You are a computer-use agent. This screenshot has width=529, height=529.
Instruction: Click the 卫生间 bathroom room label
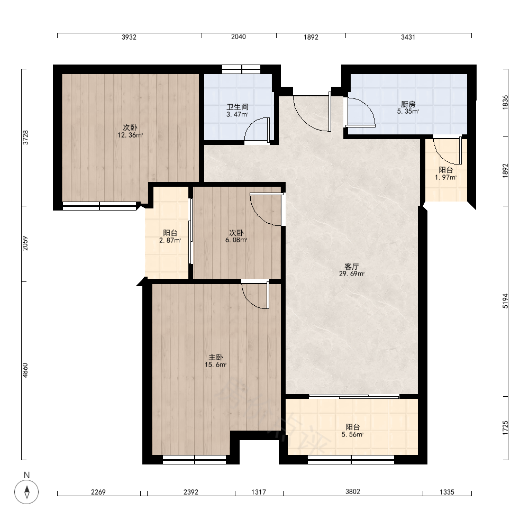pyautogui.click(x=238, y=107)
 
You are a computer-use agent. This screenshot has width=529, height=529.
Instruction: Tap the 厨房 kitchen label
pyautogui.click(x=408, y=104)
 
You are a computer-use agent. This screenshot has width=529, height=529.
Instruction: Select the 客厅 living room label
pyautogui.click(x=352, y=267)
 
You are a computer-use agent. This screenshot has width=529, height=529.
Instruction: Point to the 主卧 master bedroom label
pyautogui.click(x=216, y=357)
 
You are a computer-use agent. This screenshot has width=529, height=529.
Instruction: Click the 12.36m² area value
pyautogui.click(x=130, y=135)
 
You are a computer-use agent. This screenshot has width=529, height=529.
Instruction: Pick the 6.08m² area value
pyautogui.click(x=236, y=240)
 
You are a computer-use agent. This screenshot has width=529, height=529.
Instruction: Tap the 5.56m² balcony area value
pyautogui.click(x=352, y=434)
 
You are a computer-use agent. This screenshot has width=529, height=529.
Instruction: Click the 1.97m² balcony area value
pyautogui.click(x=445, y=177)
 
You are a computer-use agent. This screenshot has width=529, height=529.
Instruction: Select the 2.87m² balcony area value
pyautogui.click(x=170, y=240)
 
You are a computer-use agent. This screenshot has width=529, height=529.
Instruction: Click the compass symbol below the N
pyautogui.click(x=26, y=491)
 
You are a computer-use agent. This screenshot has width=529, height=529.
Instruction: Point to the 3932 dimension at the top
pyautogui.click(x=129, y=37)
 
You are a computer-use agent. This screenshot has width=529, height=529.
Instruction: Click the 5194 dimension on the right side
pyautogui.click(x=505, y=301)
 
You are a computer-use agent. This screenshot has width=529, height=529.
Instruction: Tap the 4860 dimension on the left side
pyautogui.click(x=25, y=370)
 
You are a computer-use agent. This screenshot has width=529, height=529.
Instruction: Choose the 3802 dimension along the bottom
pyautogui.click(x=352, y=492)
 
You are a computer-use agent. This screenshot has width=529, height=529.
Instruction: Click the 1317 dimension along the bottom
pyautogui.click(x=259, y=492)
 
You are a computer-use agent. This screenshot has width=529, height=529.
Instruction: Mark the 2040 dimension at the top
pyautogui.click(x=239, y=37)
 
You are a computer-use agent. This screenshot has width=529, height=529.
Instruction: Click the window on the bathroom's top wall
pyautogui.click(x=241, y=69)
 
